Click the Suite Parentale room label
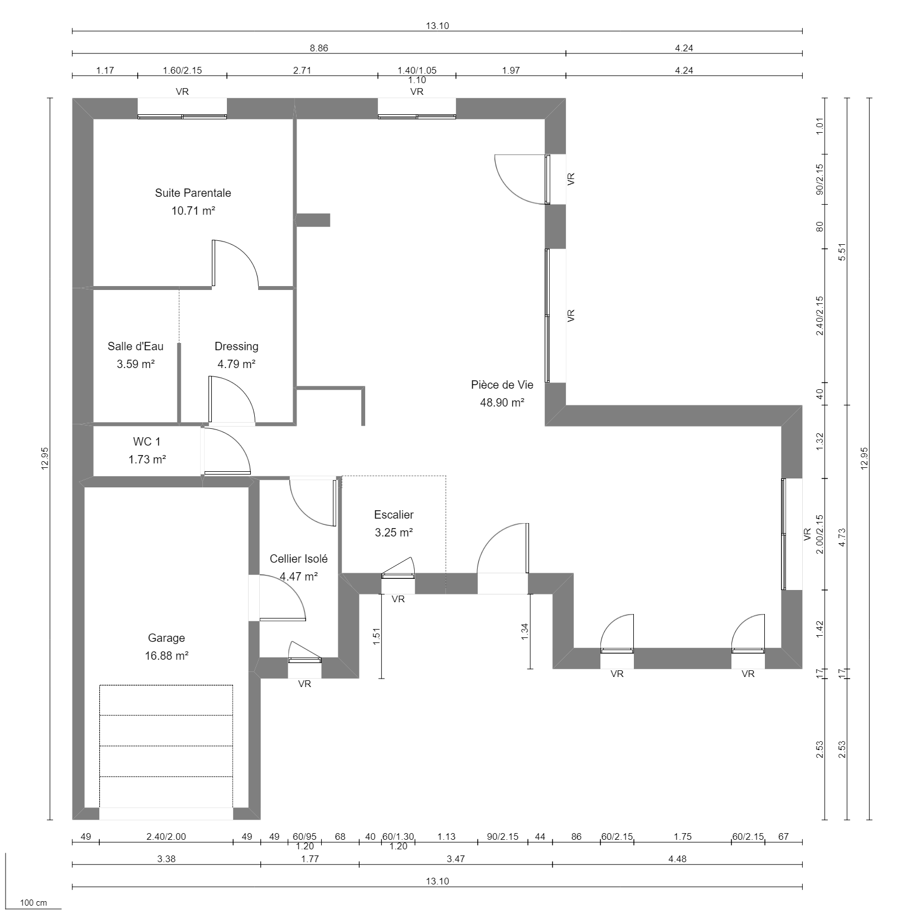pyautogui.click(x=193, y=193)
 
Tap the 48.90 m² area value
pyautogui.click(x=502, y=403)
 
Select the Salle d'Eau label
pyautogui.click(x=135, y=346)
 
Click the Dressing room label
pyautogui.click(x=236, y=346)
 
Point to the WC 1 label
pyautogui.click(x=147, y=442)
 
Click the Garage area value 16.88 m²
pyautogui.click(x=167, y=656)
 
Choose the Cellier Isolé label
pyautogui.click(x=298, y=559)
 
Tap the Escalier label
pyautogui.click(x=394, y=515)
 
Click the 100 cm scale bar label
pyautogui.click(x=33, y=903)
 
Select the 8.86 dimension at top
pyautogui.click(x=319, y=48)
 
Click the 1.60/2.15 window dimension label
pyautogui.click(x=182, y=70)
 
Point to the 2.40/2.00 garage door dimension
pyautogui.click(x=166, y=836)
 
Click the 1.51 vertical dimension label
pyautogui.click(x=376, y=636)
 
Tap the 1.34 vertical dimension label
pyautogui.click(x=524, y=631)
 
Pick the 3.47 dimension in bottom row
pyautogui.click(x=455, y=859)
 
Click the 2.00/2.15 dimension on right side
pyautogui.click(x=820, y=534)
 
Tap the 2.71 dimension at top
pyautogui.click(x=302, y=70)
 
